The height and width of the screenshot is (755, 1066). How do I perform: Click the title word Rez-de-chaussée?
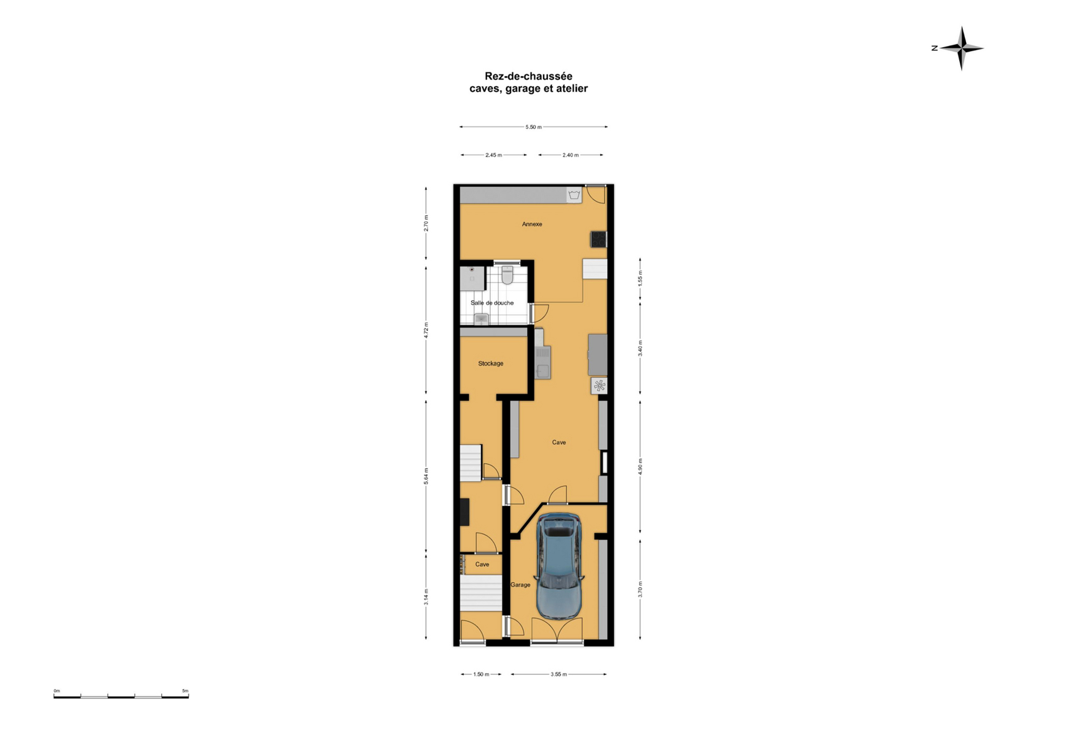(528, 76)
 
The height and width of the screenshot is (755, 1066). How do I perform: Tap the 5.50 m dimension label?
(534, 127)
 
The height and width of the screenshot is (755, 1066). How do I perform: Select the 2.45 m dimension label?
(493, 155)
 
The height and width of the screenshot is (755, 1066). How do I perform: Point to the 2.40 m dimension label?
(571, 155)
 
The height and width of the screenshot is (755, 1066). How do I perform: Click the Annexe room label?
(532, 224)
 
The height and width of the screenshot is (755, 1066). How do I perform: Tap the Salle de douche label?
(492, 303)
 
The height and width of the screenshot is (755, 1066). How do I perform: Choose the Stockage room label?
(491, 364)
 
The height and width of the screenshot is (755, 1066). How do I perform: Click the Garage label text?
(520, 585)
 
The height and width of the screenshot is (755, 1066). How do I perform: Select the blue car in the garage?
(559, 566)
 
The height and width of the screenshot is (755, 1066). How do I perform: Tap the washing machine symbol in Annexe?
(574, 194)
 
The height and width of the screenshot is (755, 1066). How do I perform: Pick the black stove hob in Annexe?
(598, 239)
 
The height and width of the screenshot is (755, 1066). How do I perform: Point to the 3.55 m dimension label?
(559, 674)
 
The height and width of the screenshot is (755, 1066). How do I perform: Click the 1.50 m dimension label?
(481, 674)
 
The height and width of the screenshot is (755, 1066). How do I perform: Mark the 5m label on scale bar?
(185, 691)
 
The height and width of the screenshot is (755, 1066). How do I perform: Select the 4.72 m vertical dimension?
(426, 330)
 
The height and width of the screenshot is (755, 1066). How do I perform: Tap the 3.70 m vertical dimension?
(640, 590)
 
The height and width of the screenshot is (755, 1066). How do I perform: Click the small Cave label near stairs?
(482, 564)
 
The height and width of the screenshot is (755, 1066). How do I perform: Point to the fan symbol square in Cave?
(599, 385)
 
